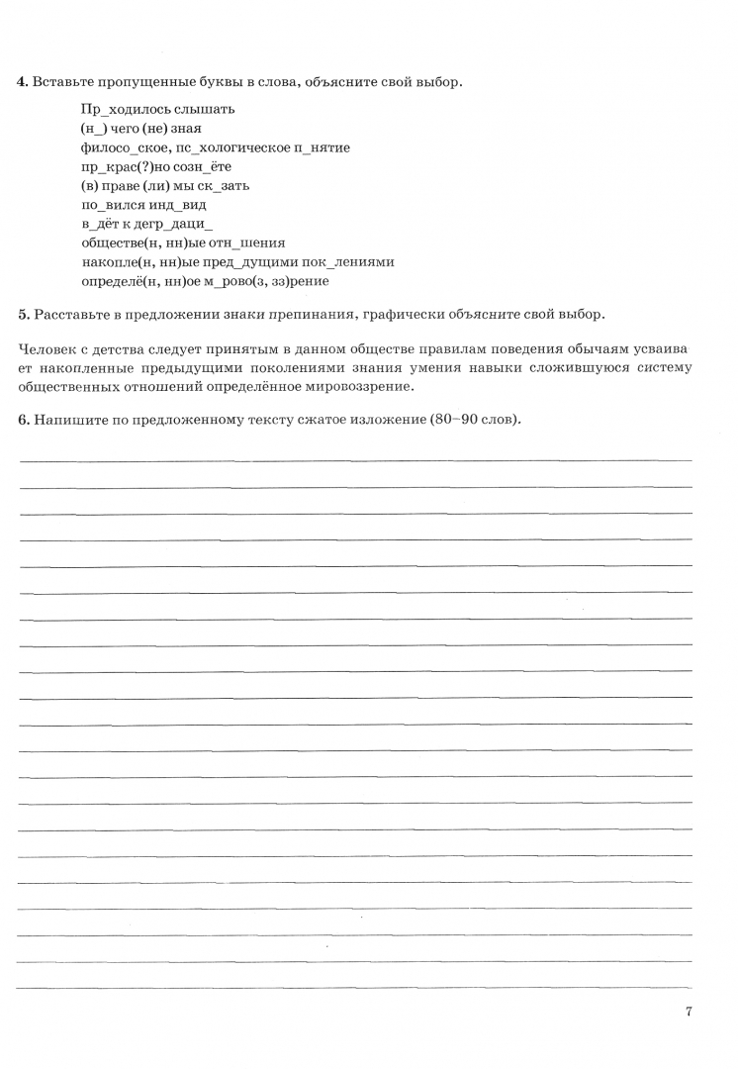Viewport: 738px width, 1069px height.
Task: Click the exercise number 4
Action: click(22, 82)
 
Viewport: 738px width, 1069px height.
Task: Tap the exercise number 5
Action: click(22, 315)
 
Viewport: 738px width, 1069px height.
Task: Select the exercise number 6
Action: click(22, 419)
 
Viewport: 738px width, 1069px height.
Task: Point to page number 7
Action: click(688, 1012)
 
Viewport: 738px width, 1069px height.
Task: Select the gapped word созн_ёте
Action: click(205, 166)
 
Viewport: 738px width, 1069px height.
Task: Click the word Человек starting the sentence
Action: click(46, 349)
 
